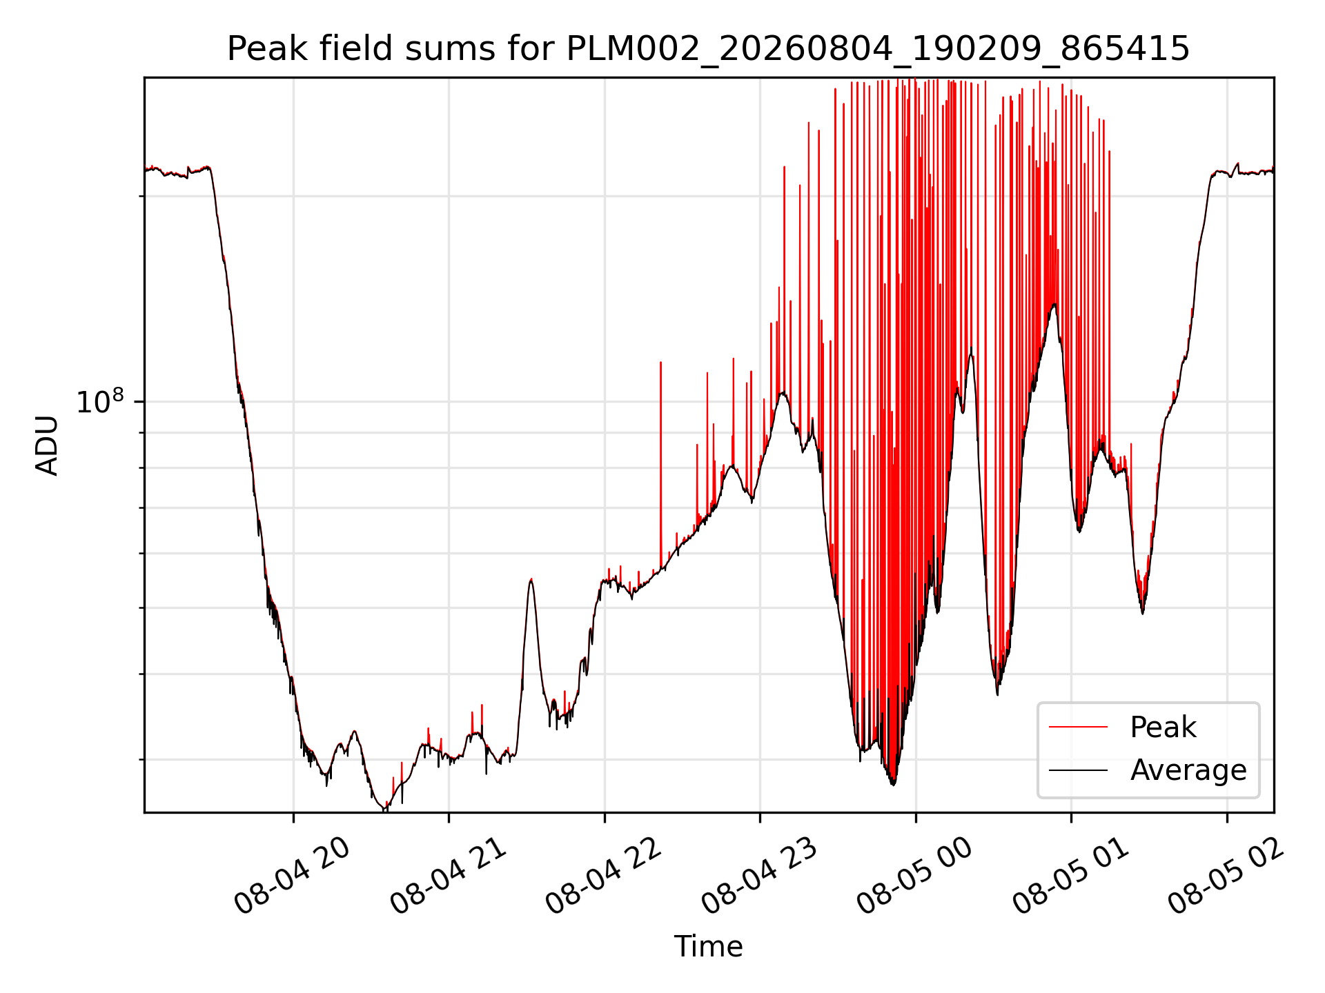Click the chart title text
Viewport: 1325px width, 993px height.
pyautogui.click(x=708, y=49)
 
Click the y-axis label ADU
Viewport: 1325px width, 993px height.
pyautogui.click(x=47, y=445)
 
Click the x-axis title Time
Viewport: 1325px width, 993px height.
pyautogui.click(x=708, y=946)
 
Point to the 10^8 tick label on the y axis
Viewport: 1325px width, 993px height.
pyautogui.click(x=100, y=401)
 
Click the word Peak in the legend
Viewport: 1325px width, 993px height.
pyautogui.click(x=1163, y=728)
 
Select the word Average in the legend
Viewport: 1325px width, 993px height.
pyautogui.click(x=1188, y=770)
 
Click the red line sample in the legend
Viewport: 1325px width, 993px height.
pyautogui.click(x=1078, y=727)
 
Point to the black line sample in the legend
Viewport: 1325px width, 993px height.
pyautogui.click(x=1078, y=770)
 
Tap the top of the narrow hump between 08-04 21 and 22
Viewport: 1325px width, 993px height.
pyautogui.click(x=531, y=579)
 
